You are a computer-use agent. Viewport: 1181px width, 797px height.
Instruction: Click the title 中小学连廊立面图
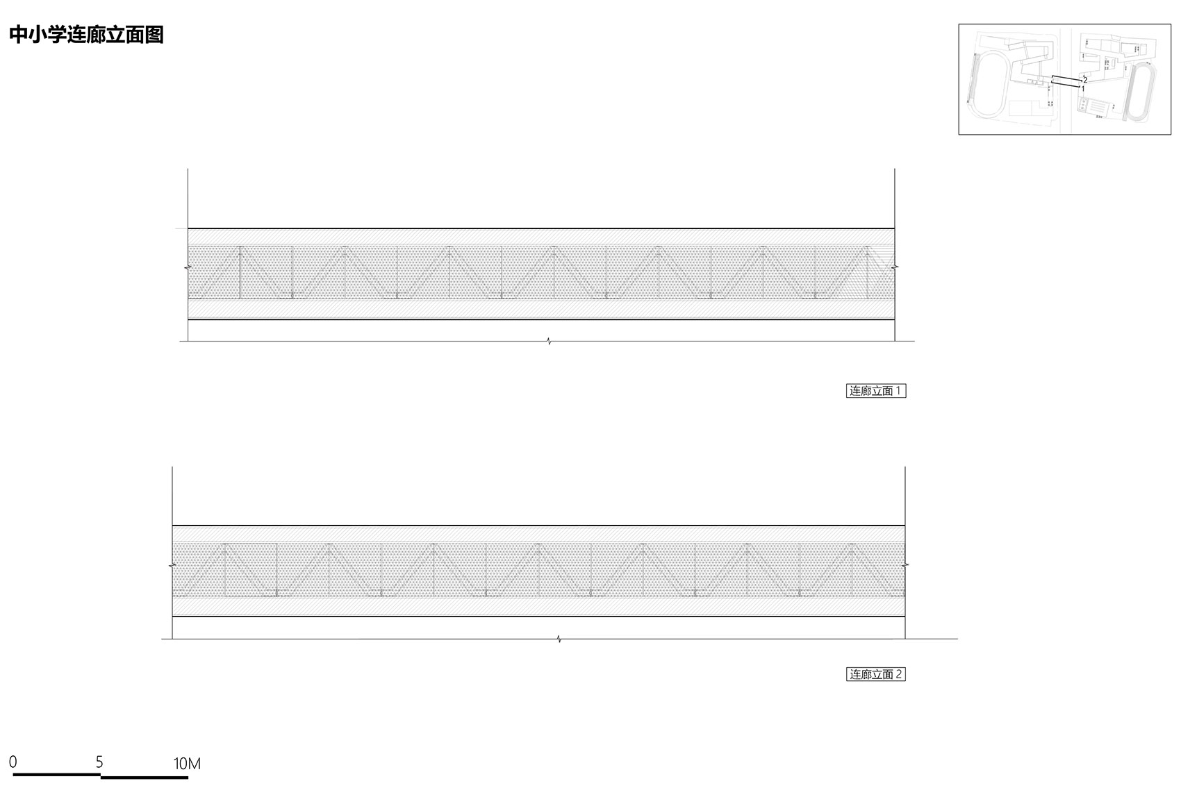(86, 35)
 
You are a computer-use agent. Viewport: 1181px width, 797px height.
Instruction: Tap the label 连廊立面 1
(876, 391)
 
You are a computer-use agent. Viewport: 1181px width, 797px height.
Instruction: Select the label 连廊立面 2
(876, 674)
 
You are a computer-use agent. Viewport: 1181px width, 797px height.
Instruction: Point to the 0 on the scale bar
(13, 762)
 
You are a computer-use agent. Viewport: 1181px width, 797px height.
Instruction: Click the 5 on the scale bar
(99, 762)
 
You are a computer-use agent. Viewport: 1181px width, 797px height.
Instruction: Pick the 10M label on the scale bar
(187, 763)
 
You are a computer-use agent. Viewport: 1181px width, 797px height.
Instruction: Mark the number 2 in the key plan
(1085, 80)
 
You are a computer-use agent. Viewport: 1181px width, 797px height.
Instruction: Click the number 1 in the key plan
(1083, 89)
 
